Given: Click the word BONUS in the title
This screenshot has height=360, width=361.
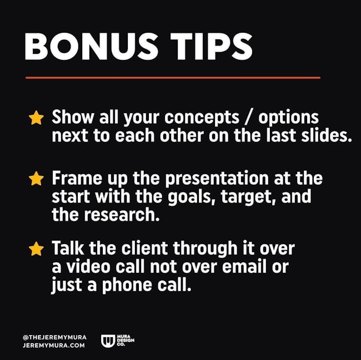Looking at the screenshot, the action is point(92,46).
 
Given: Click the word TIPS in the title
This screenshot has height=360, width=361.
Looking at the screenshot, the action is point(212,46).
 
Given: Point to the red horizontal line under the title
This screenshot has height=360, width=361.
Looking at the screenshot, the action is point(173,78).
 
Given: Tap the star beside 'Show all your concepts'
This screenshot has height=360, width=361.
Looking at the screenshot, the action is point(36,118).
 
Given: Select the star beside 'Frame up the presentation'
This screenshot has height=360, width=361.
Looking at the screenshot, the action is point(36,179).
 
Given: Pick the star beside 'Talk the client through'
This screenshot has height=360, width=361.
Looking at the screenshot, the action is point(36,249).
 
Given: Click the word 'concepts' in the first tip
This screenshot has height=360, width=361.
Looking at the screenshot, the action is point(202,118).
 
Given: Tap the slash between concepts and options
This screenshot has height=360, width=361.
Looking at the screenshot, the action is point(249,118).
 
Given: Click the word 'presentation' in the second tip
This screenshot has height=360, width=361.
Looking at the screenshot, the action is point(217,179).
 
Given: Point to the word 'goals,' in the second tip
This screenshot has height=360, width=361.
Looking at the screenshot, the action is point(192,197).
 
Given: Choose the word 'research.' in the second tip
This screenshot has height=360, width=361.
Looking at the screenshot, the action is point(122,215).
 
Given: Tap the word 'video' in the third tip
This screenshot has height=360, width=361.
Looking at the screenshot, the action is point(88,267).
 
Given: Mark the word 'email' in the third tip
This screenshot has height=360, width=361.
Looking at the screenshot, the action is point(244,267).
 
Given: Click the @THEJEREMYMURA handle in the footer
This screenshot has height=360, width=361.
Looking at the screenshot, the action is point(55,337).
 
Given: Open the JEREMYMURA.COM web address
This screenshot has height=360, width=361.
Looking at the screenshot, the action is point(54,345).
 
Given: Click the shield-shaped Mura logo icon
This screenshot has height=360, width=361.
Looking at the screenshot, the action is point(108,341).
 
